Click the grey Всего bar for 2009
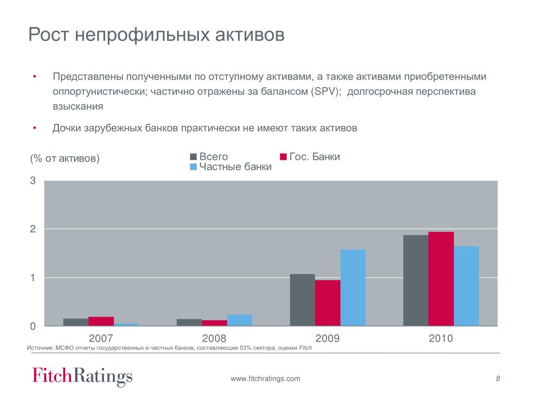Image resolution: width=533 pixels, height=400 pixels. [x=302, y=300]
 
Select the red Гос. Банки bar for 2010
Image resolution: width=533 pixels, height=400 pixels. [x=441, y=279]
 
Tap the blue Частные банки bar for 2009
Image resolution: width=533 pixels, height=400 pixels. [x=353, y=287]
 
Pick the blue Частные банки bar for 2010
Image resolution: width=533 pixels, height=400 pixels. [x=466, y=286]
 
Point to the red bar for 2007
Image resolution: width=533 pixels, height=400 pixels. [x=101, y=321]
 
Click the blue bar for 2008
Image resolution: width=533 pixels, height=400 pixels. [x=239, y=320]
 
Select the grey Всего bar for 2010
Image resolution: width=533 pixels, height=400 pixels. [x=416, y=280]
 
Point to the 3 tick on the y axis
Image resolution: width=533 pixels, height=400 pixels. [x=33, y=181]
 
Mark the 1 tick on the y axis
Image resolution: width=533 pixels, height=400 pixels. [x=33, y=278]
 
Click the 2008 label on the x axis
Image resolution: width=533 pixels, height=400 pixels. [x=214, y=339]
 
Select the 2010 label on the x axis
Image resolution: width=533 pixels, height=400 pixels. [x=441, y=339]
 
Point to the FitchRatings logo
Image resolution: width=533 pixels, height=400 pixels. [x=82, y=376]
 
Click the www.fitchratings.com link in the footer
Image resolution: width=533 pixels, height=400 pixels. [x=265, y=379]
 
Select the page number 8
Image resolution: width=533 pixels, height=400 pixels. [x=498, y=379]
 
